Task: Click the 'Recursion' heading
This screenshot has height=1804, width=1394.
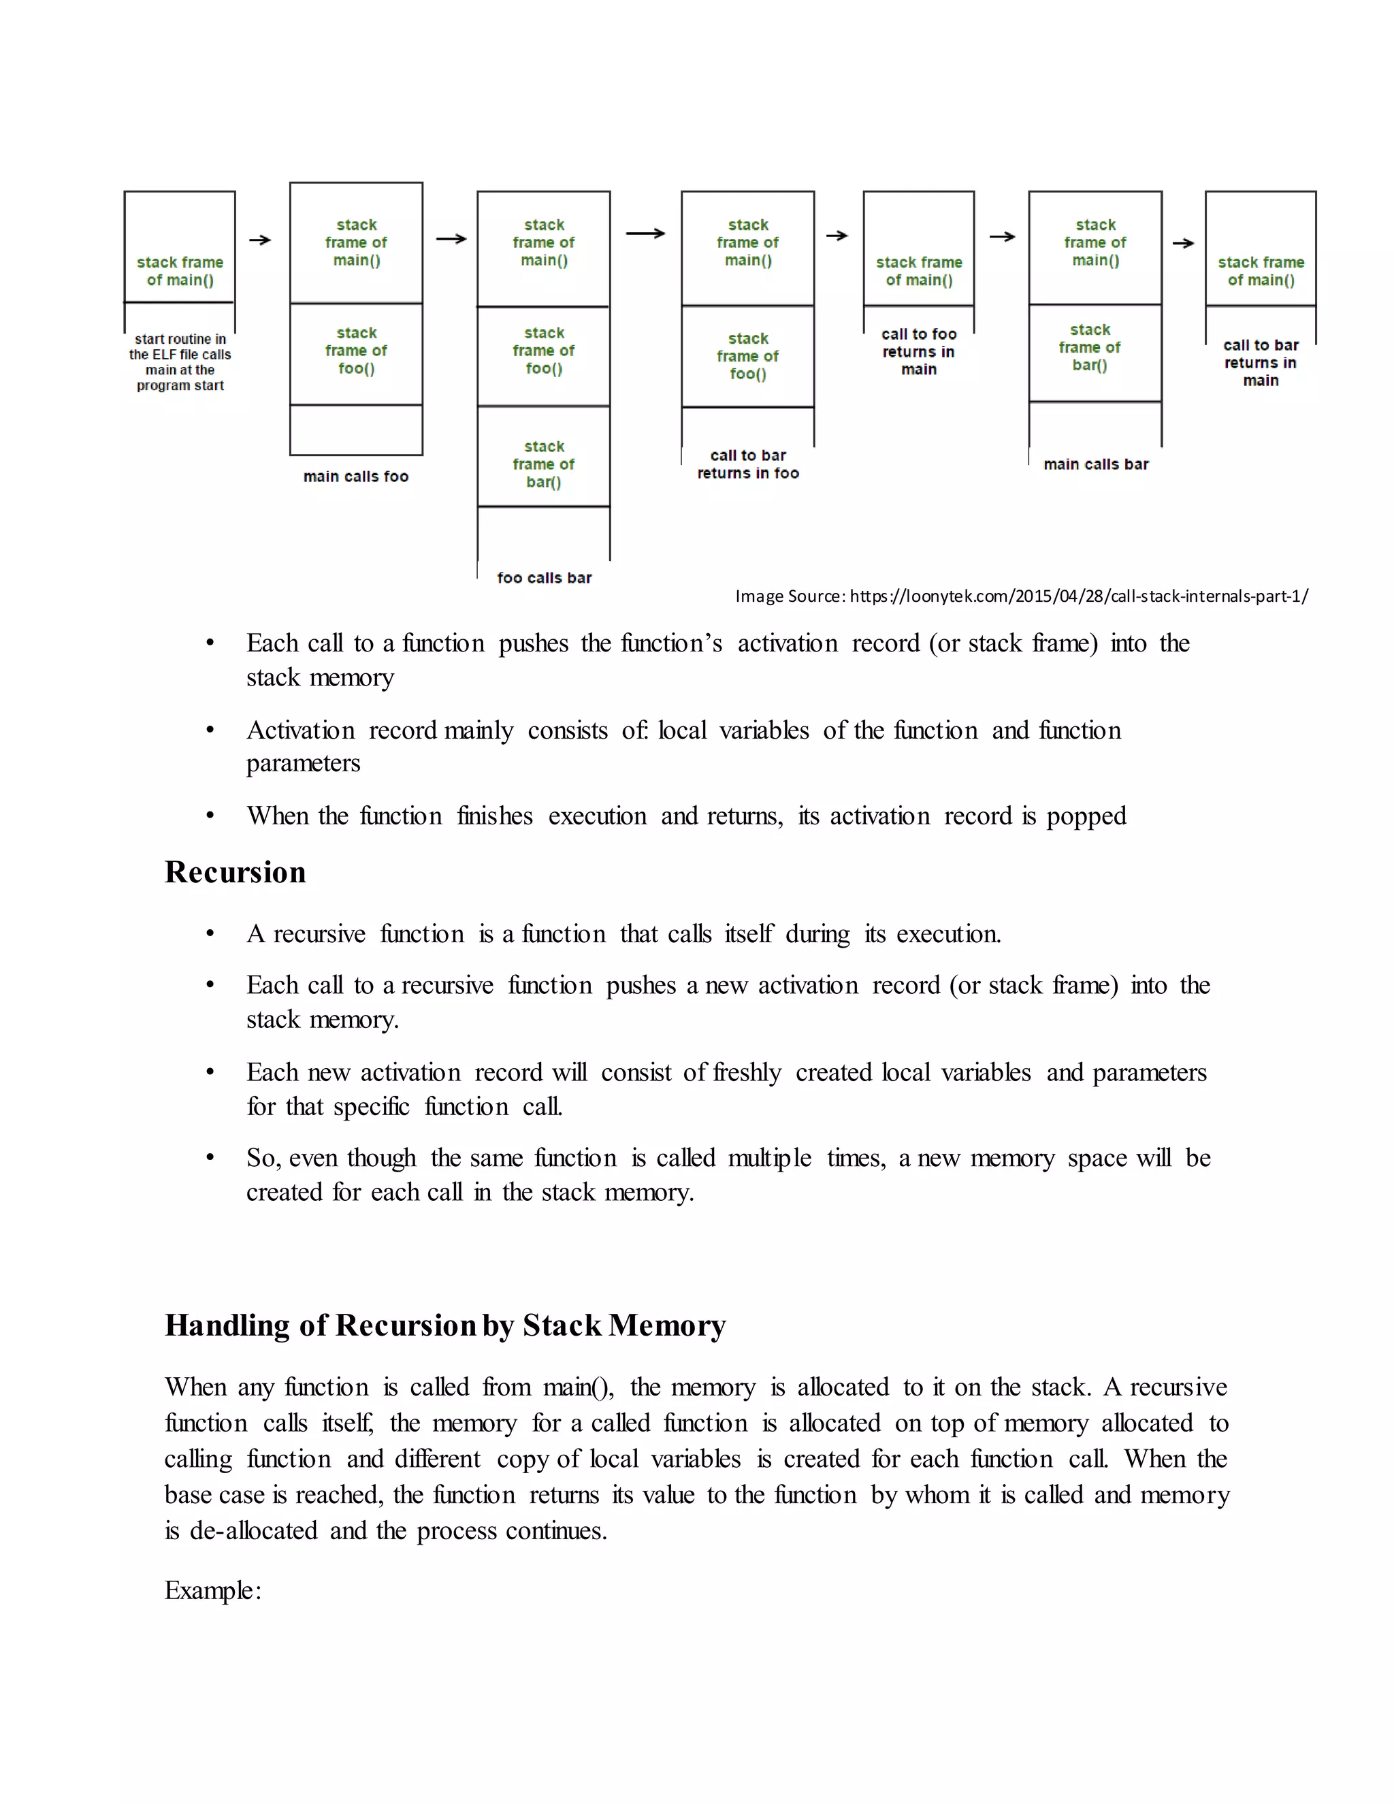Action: click(x=235, y=872)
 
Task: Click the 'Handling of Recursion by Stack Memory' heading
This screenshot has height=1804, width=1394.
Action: click(x=444, y=1325)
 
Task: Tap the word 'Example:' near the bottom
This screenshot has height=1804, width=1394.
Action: click(x=212, y=1590)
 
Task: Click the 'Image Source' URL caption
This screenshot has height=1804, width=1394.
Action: click(x=1021, y=596)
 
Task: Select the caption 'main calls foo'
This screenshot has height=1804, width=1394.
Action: click(x=355, y=476)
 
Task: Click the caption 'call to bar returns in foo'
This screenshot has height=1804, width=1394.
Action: click(x=747, y=464)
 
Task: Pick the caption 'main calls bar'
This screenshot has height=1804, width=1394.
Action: click(x=1095, y=464)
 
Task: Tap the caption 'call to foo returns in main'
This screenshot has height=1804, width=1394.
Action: click(x=918, y=351)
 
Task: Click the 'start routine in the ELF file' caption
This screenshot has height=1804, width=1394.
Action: click(x=179, y=361)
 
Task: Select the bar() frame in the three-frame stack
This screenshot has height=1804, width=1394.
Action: click(x=543, y=464)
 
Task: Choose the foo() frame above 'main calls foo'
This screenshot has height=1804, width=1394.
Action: click(x=356, y=350)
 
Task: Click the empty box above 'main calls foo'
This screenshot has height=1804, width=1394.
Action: click(x=356, y=430)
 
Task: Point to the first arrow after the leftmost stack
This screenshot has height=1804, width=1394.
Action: click(x=260, y=240)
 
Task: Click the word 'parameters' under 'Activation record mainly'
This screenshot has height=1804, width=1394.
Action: click(x=303, y=762)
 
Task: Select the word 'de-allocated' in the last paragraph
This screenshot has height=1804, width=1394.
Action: click(x=253, y=1530)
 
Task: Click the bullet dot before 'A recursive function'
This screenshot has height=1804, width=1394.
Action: click(x=210, y=934)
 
